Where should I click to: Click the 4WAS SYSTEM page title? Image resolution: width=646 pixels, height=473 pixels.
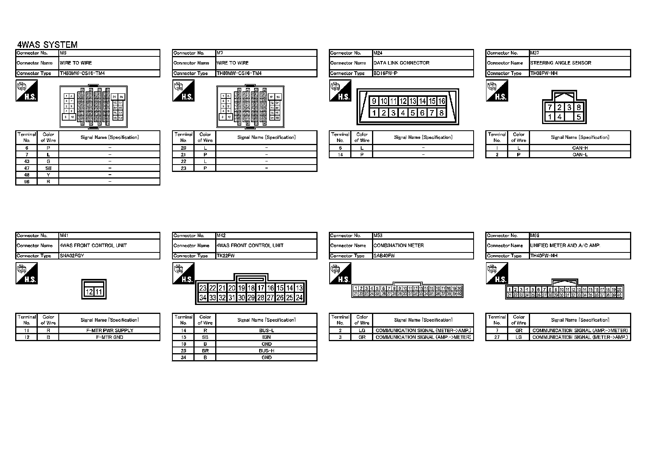pos(47,45)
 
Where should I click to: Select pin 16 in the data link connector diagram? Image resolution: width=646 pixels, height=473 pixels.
pos(441,101)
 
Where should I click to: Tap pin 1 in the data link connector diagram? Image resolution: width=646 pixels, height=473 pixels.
pos(374,113)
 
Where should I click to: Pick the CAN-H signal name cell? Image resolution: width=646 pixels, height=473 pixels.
pos(580,148)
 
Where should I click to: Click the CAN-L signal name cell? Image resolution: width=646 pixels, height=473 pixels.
pos(580,154)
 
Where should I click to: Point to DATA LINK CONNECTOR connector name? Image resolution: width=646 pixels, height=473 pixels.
pos(401,63)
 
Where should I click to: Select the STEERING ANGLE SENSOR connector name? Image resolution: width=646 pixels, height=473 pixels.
pos(560,63)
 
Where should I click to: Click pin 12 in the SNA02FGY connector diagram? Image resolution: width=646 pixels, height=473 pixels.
pos(89,292)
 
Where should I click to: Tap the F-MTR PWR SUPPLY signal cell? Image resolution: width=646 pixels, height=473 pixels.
pos(109,330)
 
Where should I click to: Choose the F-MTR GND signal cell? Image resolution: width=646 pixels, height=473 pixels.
pos(109,337)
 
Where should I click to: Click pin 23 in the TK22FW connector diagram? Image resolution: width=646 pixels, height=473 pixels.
pos(203,288)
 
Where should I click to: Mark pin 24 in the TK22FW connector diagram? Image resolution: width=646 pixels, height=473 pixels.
pos(299,298)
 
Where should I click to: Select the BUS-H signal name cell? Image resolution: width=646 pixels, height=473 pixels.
pos(267,350)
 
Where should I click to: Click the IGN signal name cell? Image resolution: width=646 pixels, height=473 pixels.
pos(267,337)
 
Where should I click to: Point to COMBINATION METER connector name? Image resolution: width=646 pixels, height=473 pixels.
pos(398,245)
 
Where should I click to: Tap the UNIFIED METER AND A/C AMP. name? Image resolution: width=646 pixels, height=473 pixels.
pos(565,245)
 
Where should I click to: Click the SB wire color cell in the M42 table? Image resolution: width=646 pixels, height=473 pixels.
pos(205,337)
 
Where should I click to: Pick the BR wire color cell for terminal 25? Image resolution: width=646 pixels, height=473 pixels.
pos(205,350)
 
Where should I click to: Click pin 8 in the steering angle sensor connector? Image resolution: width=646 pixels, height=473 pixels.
pos(579,107)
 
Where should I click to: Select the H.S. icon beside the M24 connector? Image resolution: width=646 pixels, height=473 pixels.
pos(340,91)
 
